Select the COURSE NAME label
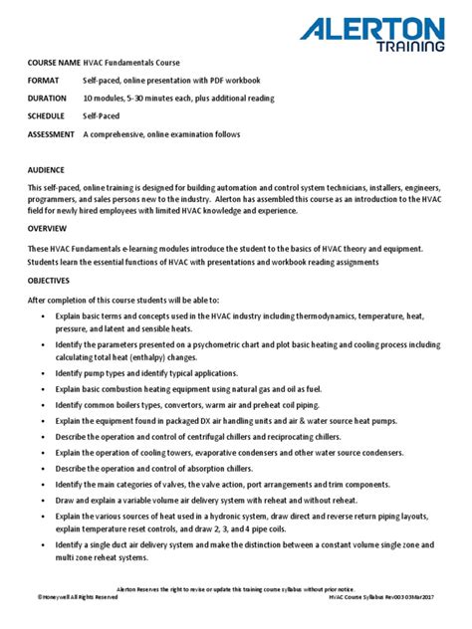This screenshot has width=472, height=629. coord(53,62)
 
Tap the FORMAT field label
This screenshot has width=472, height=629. coord(44,80)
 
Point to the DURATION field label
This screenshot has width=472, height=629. coord(49,99)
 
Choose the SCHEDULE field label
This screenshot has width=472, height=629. coord(49,116)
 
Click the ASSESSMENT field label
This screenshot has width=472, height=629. coord(53,134)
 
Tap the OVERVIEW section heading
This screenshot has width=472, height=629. coord(48,228)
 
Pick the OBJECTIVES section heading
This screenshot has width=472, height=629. coord(51,281)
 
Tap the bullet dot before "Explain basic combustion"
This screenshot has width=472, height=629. coord(46,388)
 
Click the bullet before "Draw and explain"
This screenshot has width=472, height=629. coord(46,500)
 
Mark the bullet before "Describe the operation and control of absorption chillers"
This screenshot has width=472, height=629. coord(46,468)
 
